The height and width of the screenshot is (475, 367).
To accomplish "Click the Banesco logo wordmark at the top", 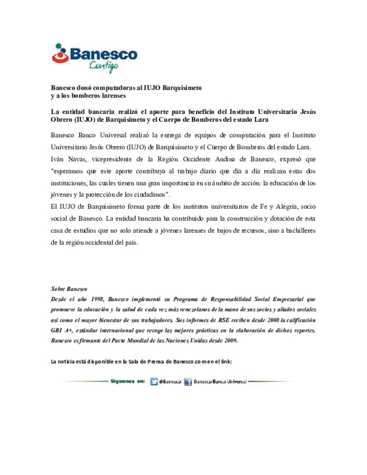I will pos(104,54).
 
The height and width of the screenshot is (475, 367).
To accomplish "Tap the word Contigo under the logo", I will pos(104,66).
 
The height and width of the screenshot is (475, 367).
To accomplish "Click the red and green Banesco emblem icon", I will pos(60,54).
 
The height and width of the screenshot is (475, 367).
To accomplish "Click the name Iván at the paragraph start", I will pos(57,159).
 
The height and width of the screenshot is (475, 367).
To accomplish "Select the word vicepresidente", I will pos(111,159).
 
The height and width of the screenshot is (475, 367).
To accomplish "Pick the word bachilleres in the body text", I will pos(300,231).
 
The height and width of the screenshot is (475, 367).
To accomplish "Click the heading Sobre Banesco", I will pos(69,289).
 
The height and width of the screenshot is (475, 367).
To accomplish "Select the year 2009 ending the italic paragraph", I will pos(230,340).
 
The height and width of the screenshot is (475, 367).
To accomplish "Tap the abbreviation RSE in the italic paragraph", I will pos(224,320).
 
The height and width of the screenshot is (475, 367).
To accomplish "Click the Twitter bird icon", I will pos(154,382).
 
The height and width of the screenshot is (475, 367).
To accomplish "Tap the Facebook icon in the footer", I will pos(188,382).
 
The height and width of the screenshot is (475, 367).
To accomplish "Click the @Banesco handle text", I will pos(170,382).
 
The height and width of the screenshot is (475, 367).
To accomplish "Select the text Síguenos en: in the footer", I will pos(127,382).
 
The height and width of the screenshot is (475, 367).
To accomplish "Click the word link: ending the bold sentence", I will pos(226,362).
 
